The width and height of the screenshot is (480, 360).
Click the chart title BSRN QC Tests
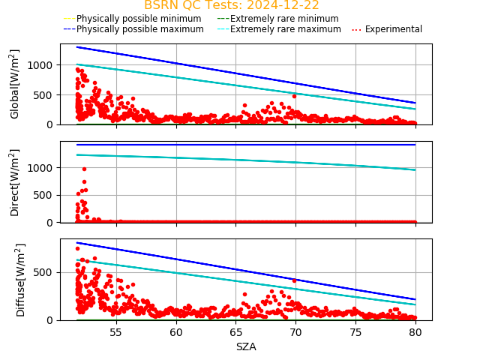tap(231, 5)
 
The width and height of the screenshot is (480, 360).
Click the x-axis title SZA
tap(246, 346)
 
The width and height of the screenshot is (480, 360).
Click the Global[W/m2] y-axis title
tap(15, 84)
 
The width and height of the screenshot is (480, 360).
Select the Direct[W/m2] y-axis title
tap(15, 182)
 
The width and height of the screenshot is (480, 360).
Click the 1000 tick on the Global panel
tap(42, 65)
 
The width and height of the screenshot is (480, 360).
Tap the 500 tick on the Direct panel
tap(45, 195)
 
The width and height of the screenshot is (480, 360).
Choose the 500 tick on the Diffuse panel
tap(45, 272)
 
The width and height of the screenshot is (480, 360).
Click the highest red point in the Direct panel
tap(84, 169)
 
